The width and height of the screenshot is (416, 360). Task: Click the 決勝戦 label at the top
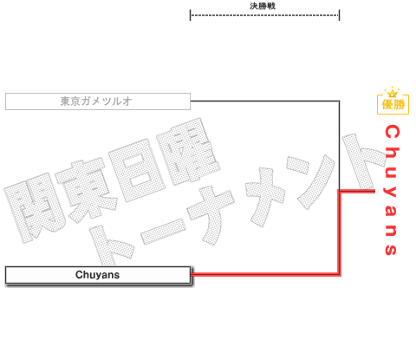coord(263,6)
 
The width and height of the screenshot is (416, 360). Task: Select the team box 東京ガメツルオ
coord(98,101)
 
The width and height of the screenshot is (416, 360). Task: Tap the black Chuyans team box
coord(98,275)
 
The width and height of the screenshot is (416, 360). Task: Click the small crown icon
coord(393,92)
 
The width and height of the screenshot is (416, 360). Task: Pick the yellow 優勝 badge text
coord(393,104)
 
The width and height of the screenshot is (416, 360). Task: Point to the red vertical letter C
coord(392,132)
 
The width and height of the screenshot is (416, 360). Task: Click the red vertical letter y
coord(391,191)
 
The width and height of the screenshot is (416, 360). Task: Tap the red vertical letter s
coord(391,249)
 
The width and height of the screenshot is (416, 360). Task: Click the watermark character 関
coord(33,207)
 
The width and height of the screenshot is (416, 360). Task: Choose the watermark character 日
coord(136,171)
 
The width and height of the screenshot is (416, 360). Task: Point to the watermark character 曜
coord(188,151)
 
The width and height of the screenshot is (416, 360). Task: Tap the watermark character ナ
coord(211,215)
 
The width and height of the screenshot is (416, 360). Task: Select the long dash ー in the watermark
coord(164,232)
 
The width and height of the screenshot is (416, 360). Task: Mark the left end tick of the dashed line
coord(190,15)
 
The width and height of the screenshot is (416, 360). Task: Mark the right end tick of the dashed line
coord(339,15)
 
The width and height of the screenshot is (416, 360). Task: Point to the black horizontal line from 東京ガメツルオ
coord(265,101)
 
